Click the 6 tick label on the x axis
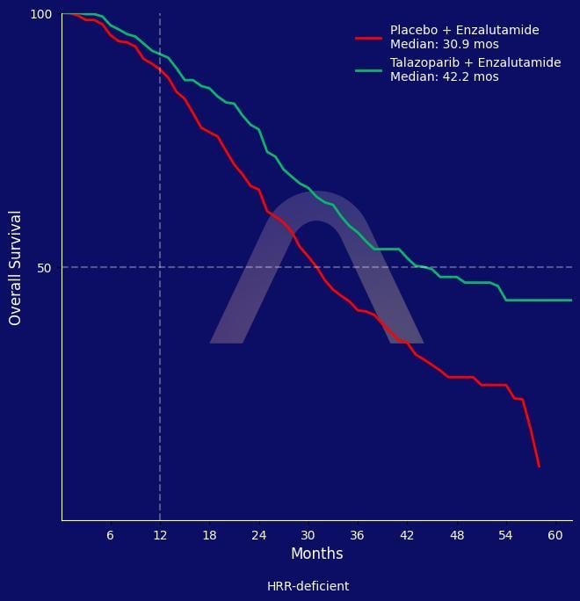coord(110,535)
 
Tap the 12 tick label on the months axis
coord(159,535)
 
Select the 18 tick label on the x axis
coord(209,535)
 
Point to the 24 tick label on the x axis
coord(258,535)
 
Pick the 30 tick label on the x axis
coord(308,535)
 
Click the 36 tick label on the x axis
coord(357,535)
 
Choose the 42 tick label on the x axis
coord(407,535)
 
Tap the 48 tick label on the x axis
coord(456,535)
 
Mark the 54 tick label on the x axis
coord(505,535)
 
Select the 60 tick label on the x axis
coord(555,535)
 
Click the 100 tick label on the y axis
coord(41,15)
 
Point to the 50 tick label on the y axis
coord(45,268)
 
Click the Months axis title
coord(316,554)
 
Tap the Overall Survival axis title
coord(15,268)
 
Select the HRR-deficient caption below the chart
coord(308,586)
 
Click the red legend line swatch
coord(368,38)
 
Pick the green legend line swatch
coord(368,70)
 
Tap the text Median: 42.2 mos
coord(444,77)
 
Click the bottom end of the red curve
coord(539,466)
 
